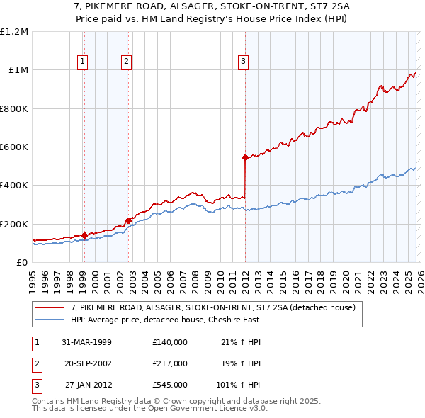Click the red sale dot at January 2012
tap(245, 157)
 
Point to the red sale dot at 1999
tap(84, 235)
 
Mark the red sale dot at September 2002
tap(128, 220)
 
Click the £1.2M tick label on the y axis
tap(13, 32)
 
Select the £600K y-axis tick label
tap(13, 147)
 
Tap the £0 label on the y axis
tap(21, 262)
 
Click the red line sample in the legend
tap(50, 307)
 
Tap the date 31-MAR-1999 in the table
tap(86, 342)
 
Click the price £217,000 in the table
tap(169, 363)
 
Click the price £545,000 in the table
tap(169, 385)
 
